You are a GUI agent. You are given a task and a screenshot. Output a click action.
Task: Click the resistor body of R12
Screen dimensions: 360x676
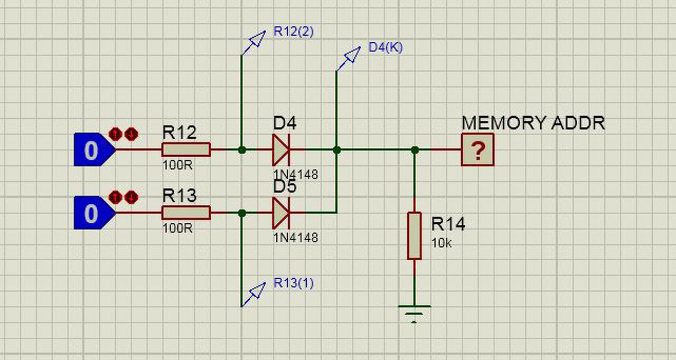point(186,149)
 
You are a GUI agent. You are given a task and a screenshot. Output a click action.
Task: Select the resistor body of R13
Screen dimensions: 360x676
point(186,213)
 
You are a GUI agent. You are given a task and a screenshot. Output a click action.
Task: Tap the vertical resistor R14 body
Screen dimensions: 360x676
point(415,235)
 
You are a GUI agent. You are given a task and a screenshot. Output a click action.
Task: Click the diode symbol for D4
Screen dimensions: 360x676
point(281,150)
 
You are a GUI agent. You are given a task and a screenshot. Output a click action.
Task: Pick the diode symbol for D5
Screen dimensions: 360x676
point(281,213)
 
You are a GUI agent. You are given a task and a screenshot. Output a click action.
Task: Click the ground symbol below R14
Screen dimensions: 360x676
point(415,312)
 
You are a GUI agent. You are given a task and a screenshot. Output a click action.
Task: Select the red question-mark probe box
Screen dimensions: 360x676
point(478,149)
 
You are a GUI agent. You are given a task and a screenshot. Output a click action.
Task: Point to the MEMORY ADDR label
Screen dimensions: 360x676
point(533,123)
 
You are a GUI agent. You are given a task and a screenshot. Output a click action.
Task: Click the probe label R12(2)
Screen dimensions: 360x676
point(294,31)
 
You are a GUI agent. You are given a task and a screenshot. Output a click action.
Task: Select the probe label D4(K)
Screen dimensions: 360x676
point(386,47)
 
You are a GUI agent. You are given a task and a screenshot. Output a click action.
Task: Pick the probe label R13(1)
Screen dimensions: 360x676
point(294,283)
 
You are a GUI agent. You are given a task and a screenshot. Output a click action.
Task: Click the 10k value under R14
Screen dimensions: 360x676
point(442,244)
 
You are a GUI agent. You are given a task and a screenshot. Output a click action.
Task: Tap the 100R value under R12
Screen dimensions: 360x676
point(177,164)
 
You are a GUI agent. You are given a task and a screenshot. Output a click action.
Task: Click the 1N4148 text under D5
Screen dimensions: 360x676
point(296,238)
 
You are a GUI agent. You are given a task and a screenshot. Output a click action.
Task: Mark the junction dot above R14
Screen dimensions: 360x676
point(415,150)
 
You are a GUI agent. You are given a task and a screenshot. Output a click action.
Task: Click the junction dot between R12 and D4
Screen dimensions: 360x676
point(242,150)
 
